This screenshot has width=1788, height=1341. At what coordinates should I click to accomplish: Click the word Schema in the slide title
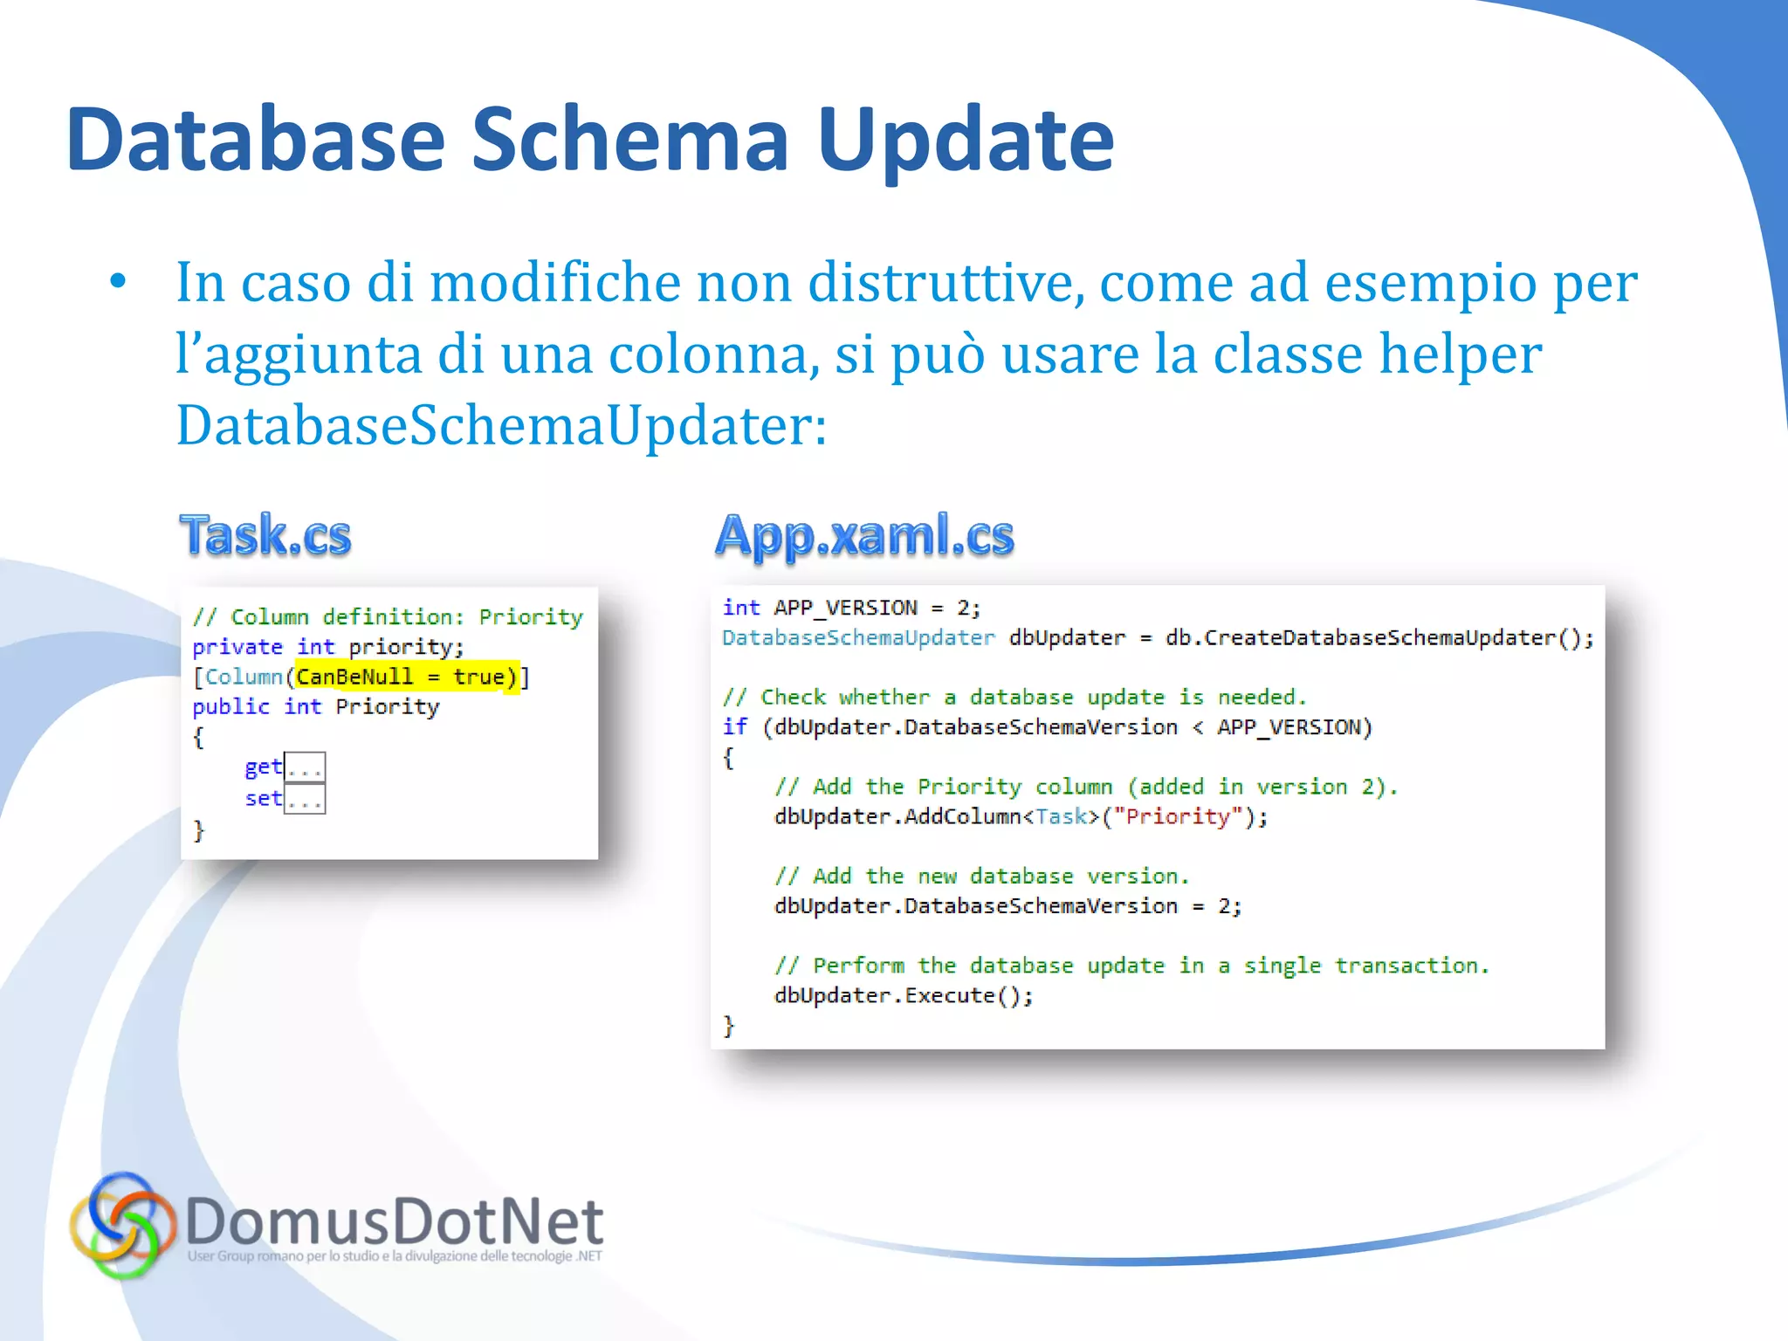click(630, 140)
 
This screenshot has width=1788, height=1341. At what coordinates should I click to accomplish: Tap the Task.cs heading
click(265, 534)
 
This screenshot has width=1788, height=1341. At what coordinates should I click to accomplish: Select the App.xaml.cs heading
click(864, 534)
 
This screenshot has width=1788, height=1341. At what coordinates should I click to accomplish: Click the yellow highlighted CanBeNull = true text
click(407, 677)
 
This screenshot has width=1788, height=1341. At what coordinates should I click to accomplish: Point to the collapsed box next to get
click(306, 767)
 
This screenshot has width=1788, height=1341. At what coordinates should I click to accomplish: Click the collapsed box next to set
click(306, 799)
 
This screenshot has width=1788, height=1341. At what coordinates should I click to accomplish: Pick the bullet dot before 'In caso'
click(118, 282)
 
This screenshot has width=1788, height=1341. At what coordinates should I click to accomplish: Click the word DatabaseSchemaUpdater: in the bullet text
click(501, 425)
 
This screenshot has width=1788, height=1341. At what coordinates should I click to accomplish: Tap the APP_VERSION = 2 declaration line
click(851, 608)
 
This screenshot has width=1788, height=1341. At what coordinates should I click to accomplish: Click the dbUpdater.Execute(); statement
click(904, 995)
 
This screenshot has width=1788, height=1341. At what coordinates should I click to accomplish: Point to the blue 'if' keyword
click(735, 726)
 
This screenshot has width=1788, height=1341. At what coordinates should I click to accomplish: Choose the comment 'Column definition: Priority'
click(388, 617)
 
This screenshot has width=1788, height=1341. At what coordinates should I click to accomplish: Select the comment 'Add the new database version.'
click(982, 876)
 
